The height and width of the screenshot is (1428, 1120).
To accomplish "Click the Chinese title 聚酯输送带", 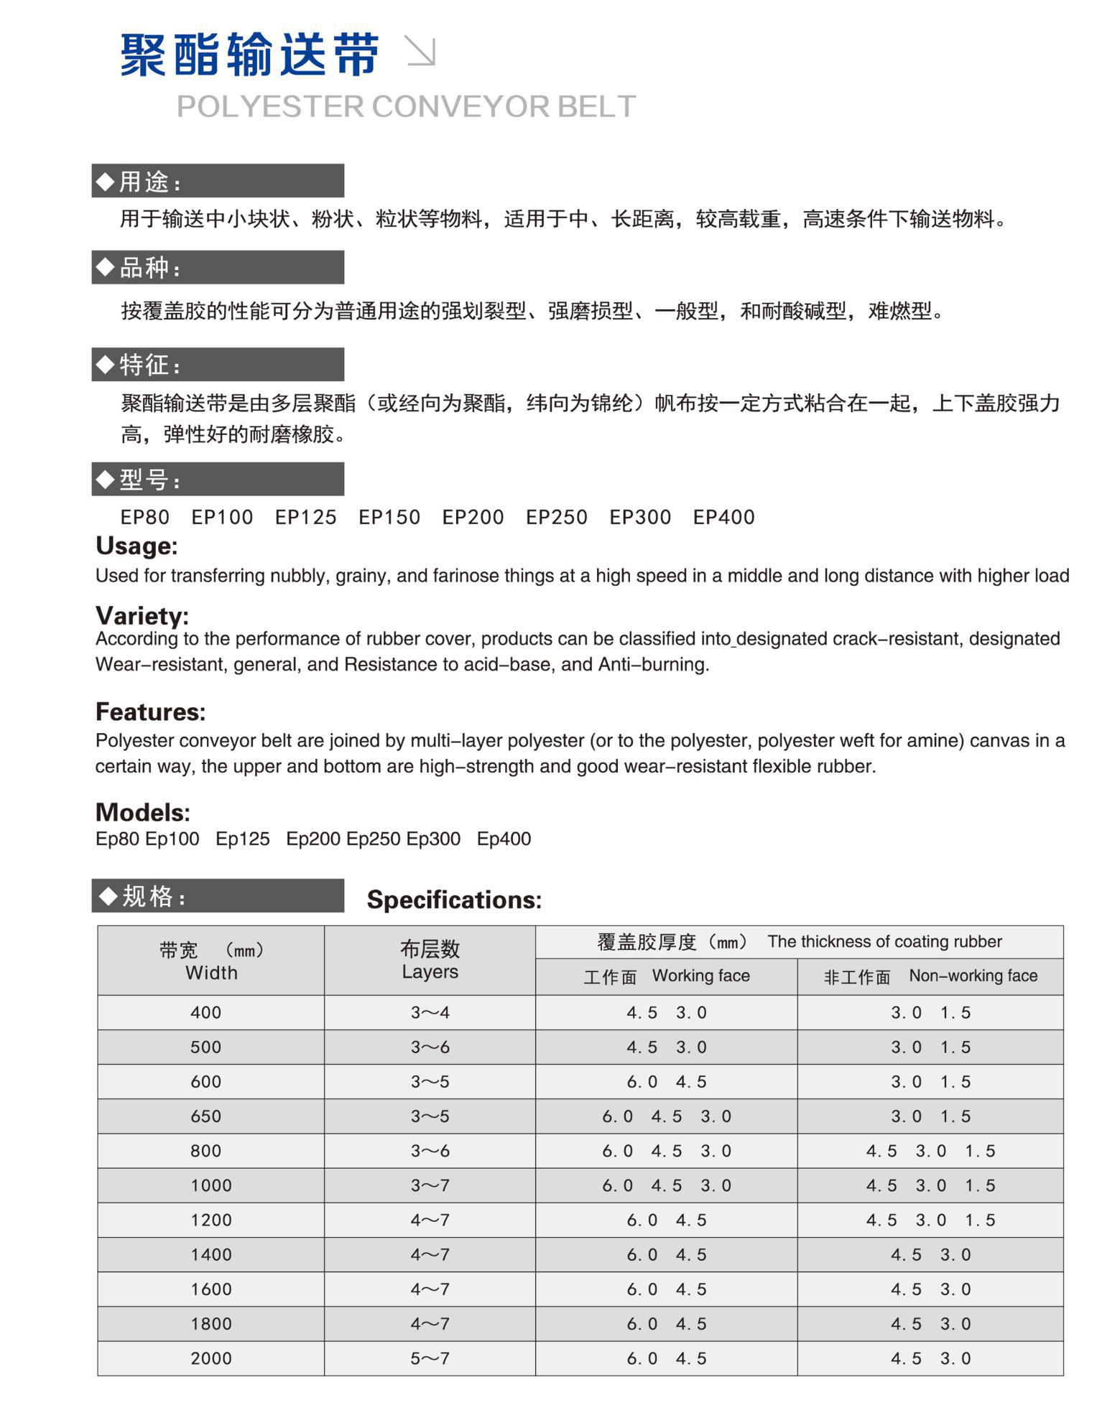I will coord(249,55).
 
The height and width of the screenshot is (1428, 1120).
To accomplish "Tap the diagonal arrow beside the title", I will coord(421,51).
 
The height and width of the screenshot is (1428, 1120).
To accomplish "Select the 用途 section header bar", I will coord(218,181).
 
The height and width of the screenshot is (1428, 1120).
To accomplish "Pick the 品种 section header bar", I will coord(218,267).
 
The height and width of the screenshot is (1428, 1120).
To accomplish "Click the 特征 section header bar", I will coord(218,365).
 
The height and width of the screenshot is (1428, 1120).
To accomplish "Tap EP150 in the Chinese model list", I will coord(389,517).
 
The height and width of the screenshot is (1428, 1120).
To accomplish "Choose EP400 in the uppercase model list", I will coord(723,517).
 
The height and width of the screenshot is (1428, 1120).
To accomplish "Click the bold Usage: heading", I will coord(136,546).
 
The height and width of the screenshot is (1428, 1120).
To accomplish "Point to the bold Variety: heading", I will coord(142,615).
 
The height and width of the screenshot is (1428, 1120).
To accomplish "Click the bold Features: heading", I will coord(150,711).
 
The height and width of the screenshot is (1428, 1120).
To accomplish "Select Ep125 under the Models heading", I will coord(243,839).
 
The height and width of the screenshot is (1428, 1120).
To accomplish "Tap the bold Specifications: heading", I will coord(454,900).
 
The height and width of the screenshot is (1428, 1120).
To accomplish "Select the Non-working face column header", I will coord(930,976).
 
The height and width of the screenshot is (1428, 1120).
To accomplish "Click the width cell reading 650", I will coord(206,1116).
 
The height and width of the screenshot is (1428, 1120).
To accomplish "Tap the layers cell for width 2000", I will coord(430,1358).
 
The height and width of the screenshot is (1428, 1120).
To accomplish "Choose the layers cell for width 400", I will coord(430,1012).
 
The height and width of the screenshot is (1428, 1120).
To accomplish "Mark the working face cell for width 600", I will coord(666,1081).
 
